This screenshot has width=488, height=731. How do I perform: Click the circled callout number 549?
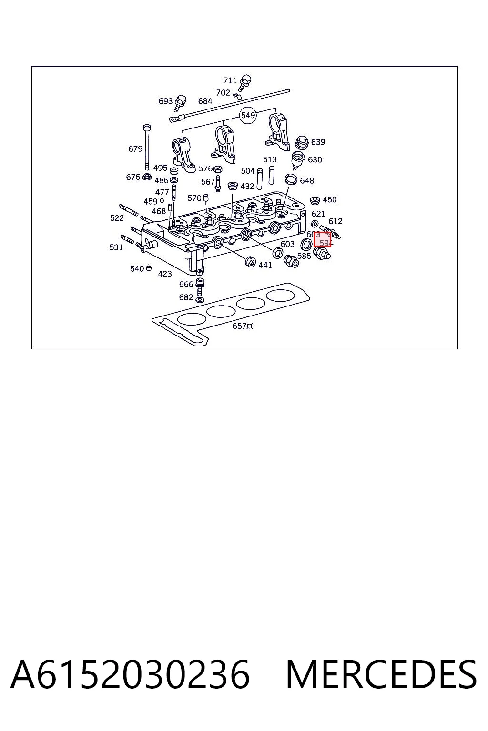pos(248,115)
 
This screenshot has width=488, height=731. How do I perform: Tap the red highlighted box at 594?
pos(322,239)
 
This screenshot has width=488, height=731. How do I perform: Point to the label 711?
pos(230,80)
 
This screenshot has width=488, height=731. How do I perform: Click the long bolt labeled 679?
pos(147,147)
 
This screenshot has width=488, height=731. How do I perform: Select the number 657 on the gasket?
pos(239,326)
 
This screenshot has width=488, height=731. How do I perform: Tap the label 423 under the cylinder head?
pos(165,274)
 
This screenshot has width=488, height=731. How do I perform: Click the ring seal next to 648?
pos(291,179)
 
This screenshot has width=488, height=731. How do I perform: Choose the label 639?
pos(318,142)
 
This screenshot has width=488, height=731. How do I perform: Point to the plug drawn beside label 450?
pos(315,200)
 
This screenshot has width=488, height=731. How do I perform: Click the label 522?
pos(117,218)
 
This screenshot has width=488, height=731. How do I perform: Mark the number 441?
pos(265,265)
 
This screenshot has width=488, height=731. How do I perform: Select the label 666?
pos(186,285)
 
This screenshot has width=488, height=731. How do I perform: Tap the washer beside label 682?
pos(199,299)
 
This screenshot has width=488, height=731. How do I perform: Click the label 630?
pos(315,159)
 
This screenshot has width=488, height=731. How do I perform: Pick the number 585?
pos(304,256)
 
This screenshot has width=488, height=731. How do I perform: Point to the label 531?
pos(116,247)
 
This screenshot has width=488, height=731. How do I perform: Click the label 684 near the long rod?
pos(205,101)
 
